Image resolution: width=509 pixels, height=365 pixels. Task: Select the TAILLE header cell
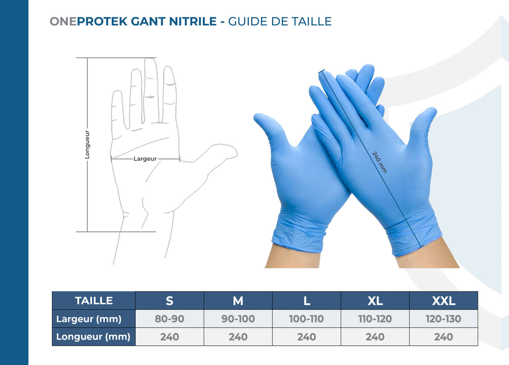click(x=94, y=300)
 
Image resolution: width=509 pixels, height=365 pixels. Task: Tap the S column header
click(x=170, y=300)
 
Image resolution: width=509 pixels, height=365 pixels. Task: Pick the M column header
click(x=238, y=300)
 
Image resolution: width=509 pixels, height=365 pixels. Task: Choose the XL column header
click(x=375, y=300)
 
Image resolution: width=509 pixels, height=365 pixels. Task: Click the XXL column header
click(x=443, y=300)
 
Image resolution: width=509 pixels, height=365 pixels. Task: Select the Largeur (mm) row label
click(x=89, y=319)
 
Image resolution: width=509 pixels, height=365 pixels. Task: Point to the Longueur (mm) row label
click(x=93, y=337)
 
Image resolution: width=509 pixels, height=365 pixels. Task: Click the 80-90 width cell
click(x=170, y=319)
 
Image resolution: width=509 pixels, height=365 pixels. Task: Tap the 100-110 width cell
click(x=306, y=319)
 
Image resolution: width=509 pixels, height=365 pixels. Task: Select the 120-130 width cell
click(x=443, y=319)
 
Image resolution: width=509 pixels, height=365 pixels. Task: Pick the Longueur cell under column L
click(x=306, y=337)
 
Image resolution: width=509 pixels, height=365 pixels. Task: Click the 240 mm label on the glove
click(x=379, y=162)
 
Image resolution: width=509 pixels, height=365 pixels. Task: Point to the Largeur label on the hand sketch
click(x=145, y=159)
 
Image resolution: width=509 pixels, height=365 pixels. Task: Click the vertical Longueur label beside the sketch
click(x=87, y=145)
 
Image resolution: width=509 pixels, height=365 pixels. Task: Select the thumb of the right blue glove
click(x=424, y=122)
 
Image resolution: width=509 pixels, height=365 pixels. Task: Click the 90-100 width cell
click(x=238, y=319)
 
